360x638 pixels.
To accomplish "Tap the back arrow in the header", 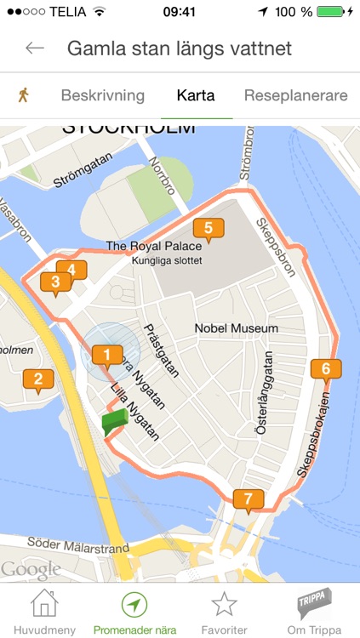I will [x=35, y=48].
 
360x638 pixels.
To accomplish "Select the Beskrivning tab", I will [x=102, y=95].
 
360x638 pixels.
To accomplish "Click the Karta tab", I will [x=196, y=95].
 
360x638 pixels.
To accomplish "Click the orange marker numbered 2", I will [x=38, y=379].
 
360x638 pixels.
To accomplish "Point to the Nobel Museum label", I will [x=236, y=328].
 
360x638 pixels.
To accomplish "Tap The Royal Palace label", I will [x=154, y=246].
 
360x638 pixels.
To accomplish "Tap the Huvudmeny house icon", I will [x=44, y=604].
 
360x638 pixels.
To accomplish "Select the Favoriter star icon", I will [x=224, y=604].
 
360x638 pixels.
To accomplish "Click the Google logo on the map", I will [x=31, y=569].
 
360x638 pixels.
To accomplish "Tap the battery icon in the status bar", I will [x=329, y=13].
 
